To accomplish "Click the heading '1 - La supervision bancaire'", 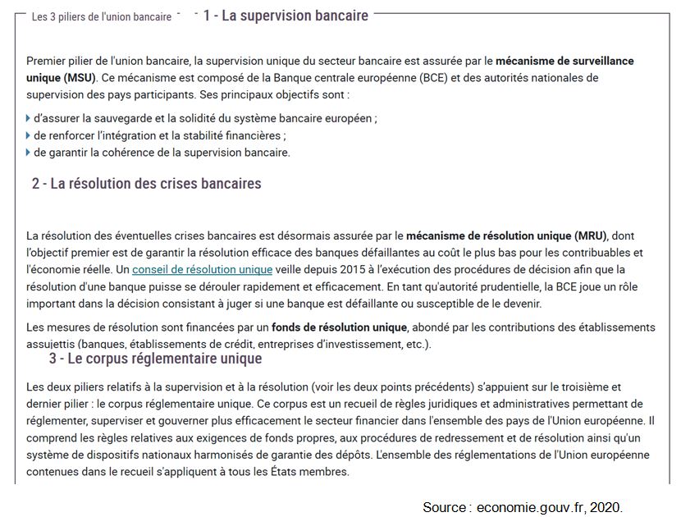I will [x=286, y=16].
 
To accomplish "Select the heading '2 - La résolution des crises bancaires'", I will [x=147, y=184].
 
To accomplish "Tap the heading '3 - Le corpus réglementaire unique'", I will [x=156, y=359].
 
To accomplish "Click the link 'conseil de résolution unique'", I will [x=202, y=269].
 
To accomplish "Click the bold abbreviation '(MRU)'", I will [x=590, y=236].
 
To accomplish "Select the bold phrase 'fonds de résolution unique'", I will [x=340, y=327].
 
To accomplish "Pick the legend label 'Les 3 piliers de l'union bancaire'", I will [x=102, y=16].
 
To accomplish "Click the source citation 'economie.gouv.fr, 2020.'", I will [x=548, y=507].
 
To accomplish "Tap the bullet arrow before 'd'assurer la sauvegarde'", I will [x=29, y=119].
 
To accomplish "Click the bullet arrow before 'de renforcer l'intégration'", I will [x=29, y=136].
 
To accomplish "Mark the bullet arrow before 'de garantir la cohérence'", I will [x=29, y=153].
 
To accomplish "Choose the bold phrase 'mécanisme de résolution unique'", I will [x=489, y=236].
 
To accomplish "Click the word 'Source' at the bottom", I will [x=444, y=507].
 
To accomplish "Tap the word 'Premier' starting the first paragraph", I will [x=46, y=62].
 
